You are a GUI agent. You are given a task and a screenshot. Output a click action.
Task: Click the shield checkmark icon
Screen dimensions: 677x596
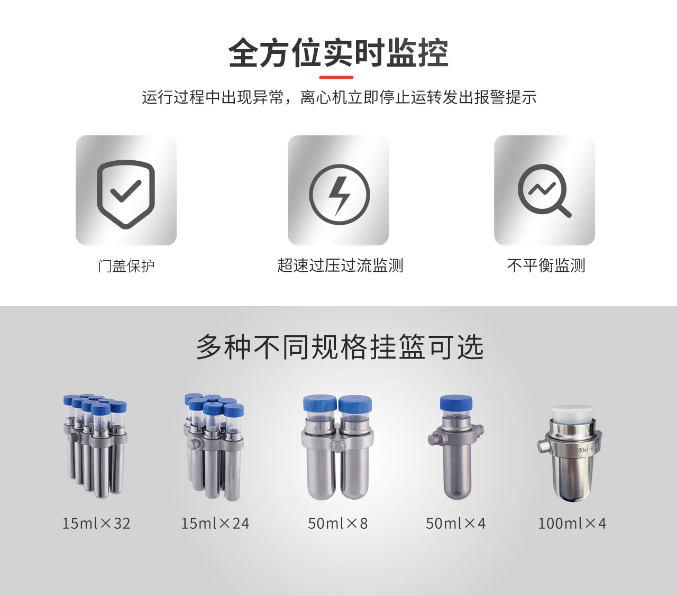[x=126, y=194]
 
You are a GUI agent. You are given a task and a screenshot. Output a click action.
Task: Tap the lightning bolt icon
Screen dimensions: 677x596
[x=339, y=195]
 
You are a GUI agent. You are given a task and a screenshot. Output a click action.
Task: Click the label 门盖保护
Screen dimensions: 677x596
[x=126, y=265]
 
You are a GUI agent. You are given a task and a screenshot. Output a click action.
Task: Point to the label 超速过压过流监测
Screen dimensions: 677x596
[x=340, y=265]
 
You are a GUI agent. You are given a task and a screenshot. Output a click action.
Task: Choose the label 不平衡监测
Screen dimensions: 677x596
[x=546, y=265]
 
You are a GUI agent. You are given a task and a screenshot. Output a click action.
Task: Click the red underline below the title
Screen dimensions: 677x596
[x=336, y=78]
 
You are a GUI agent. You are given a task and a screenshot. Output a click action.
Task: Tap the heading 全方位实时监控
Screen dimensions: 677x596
[x=338, y=53]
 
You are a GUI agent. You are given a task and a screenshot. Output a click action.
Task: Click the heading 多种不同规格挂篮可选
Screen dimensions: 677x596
[x=340, y=347]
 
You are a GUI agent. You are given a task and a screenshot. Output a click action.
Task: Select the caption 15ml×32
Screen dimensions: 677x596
[x=96, y=524]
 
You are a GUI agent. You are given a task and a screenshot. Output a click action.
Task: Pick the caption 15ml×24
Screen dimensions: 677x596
[x=215, y=524]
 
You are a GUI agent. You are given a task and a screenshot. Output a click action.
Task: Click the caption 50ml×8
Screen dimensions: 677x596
[x=338, y=524]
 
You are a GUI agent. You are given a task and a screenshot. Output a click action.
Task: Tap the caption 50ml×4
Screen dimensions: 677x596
[x=456, y=524]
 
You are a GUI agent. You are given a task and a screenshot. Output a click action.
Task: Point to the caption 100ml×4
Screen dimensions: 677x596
[x=572, y=524]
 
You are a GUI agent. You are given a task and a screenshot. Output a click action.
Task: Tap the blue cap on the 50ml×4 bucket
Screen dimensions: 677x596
[x=456, y=403]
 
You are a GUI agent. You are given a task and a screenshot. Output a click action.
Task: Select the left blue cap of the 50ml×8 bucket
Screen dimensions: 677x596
[x=320, y=404]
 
